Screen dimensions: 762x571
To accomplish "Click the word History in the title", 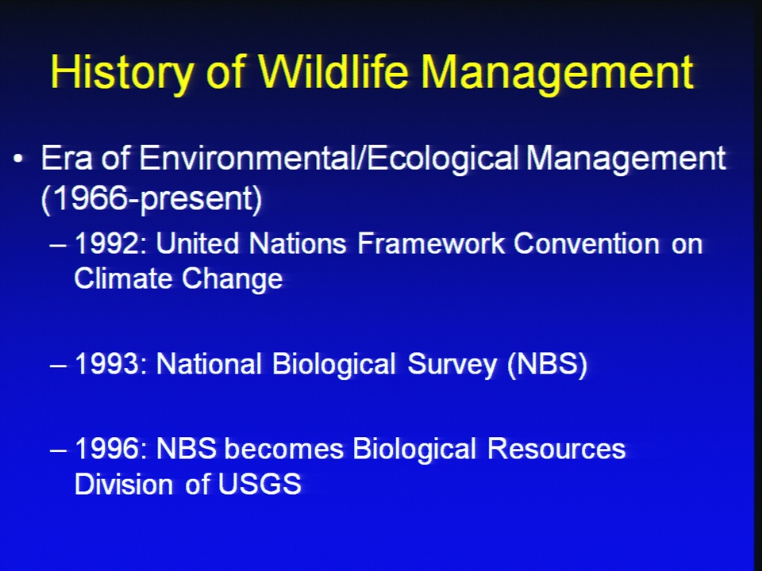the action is point(121,72).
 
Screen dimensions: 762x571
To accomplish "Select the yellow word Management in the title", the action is point(557,73).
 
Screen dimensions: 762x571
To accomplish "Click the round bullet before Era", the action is point(18,159).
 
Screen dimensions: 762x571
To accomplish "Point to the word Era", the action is point(67,158).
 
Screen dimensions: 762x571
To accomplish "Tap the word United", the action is point(198,243).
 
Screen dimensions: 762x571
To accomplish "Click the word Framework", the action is point(431,243).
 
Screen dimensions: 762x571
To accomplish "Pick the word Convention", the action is point(587,243).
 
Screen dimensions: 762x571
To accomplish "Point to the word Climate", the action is point(122,278).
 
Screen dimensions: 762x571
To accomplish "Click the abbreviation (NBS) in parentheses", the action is point(547,364).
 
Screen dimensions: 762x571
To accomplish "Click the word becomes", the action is point(284,447).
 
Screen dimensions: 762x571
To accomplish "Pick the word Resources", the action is point(556,447).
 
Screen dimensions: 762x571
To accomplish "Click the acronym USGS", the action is point(260,484).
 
